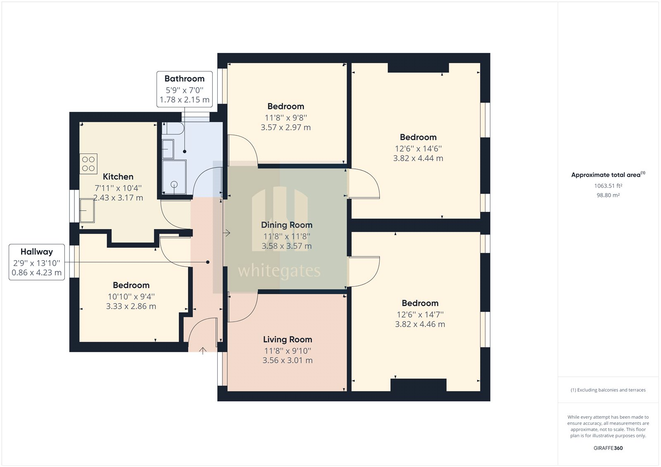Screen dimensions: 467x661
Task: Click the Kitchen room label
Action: click(118, 177)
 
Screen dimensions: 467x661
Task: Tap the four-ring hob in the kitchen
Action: click(88, 164)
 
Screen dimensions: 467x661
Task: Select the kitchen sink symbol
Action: click(87, 210)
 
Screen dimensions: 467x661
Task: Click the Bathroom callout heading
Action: click(184, 79)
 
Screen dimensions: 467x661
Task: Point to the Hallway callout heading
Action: click(37, 252)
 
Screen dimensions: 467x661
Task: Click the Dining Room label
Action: click(286, 225)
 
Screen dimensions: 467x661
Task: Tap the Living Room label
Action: click(288, 339)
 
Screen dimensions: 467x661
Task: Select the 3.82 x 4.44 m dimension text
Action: click(418, 158)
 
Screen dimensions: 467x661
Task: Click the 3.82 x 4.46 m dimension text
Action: click(420, 324)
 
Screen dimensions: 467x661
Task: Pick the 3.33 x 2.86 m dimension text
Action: click(131, 306)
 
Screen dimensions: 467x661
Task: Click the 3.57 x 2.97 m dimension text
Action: click(285, 128)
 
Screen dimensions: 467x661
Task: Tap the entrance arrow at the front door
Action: click(203, 351)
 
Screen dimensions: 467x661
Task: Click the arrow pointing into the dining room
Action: click(226, 233)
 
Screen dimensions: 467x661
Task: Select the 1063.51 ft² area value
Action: click(608, 186)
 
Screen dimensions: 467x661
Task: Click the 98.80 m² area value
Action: click(608, 195)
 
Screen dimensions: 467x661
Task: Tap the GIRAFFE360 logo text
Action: click(608, 448)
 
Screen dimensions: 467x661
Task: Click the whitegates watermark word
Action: click(279, 271)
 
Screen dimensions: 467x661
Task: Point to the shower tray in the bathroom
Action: click(174, 177)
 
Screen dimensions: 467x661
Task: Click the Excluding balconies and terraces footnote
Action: click(608, 390)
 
